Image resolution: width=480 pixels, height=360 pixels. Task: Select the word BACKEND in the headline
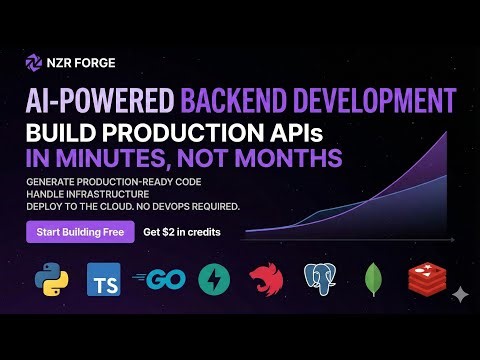coord(237,99)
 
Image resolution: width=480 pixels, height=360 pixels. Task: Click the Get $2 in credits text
coord(181,232)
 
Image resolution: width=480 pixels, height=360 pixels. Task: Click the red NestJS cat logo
coord(267,280)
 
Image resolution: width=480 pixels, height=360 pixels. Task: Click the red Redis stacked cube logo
coord(426,280)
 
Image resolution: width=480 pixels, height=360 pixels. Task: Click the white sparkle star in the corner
coord(459,294)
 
